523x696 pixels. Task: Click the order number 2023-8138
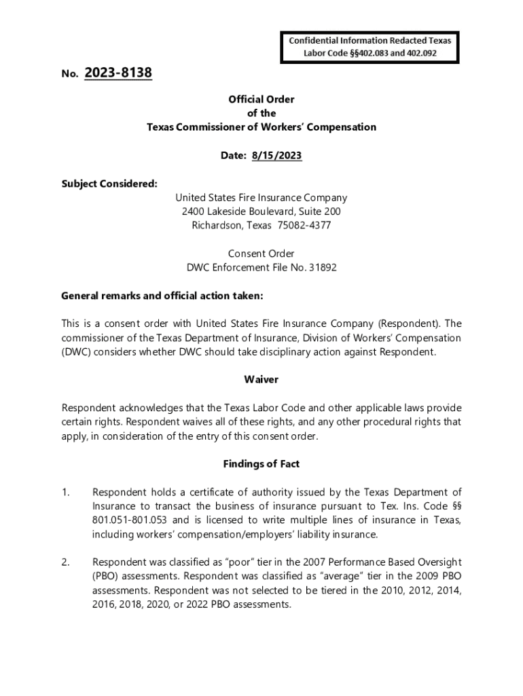coord(118,73)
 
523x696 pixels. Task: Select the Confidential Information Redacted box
coord(370,46)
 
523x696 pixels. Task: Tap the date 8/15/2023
coord(276,156)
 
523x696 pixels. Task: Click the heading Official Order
coord(261,99)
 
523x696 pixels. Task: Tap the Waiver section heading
coord(261,379)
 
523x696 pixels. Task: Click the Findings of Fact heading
coord(261,464)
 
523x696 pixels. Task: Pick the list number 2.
coord(65,562)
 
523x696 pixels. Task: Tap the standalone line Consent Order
coord(261,254)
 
